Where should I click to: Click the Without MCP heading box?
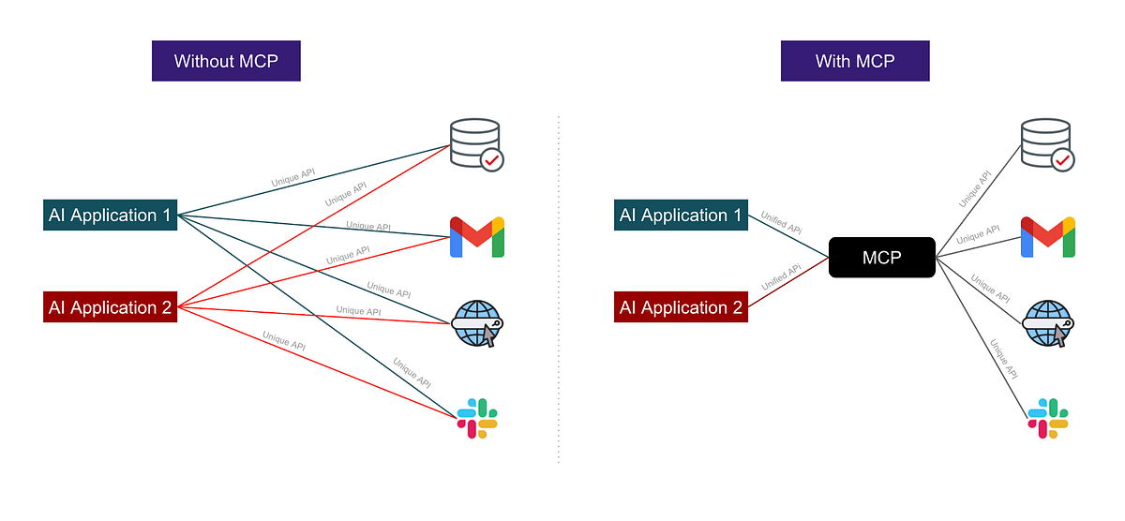pyautogui.click(x=226, y=62)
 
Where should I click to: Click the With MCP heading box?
pyautogui.click(x=855, y=62)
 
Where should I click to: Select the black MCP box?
pyautogui.click(x=881, y=258)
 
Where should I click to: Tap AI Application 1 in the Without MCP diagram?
pyautogui.click(x=111, y=216)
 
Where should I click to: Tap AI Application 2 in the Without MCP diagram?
pyautogui.click(x=111, y=307)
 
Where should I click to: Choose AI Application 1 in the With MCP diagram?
pyautogui.click(x=681, y=216)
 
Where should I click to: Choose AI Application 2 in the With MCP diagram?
pyautogui.click(x=681, y=307)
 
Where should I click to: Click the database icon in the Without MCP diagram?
pyautogui.click(x=474, y=143)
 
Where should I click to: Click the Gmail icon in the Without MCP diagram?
pyautogui.click(x=477, y=237)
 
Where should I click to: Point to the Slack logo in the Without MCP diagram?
pyautogui.click(x=477, y=418)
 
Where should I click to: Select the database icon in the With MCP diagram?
pyautogui.click(x=1044, y=143)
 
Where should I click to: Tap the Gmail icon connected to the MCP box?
pyautogui.click(x=1047, y=237)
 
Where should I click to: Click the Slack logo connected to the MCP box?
pyautogui.click(x=1047, y=418)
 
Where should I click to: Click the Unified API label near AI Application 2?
pyautogui.click(x=782, y=276)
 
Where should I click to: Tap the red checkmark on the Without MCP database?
pyautogui.click(x=492, y=160)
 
